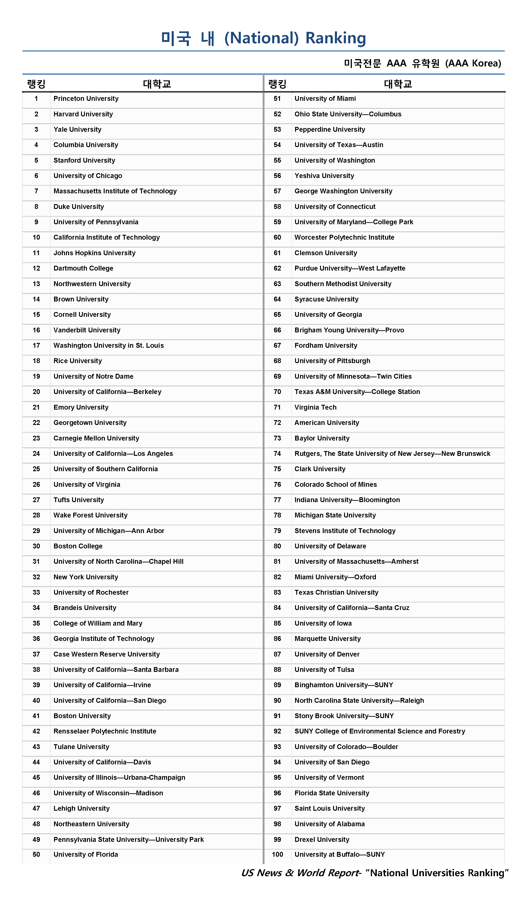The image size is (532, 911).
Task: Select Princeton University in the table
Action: point(86,99)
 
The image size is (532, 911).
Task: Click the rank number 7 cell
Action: point(36,191)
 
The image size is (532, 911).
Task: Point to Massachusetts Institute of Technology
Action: point(115,191)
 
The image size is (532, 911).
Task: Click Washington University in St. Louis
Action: point(108,346)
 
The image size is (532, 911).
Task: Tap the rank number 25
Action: point(36,469)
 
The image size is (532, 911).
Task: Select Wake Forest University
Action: point(90,515)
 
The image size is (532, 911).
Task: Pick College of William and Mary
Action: point(98,624)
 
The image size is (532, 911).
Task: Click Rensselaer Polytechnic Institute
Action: point(105,732)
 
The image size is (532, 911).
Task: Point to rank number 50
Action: point(36,855)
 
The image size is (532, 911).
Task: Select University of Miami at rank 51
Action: point(325,99)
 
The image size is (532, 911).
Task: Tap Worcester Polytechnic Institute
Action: point(344,238)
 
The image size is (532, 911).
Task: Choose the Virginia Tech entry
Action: point(315,408)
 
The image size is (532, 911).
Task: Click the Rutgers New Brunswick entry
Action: point(392,454)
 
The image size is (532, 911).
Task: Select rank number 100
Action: point(277,855)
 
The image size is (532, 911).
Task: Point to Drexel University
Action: point(322,840)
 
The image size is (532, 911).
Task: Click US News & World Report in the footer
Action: point(301,873)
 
